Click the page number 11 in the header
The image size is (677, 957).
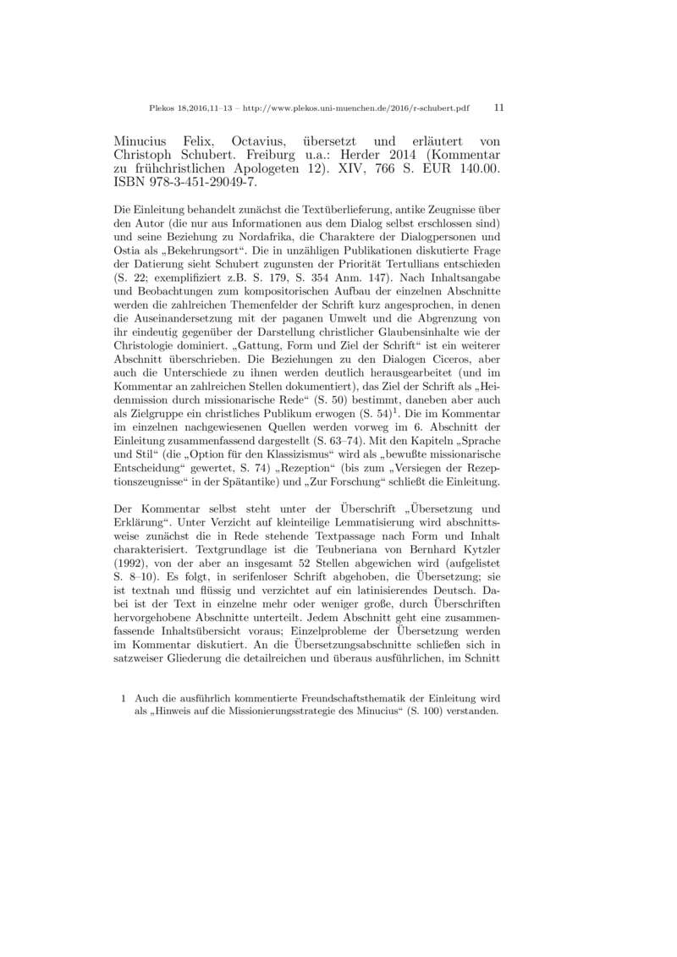498,108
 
